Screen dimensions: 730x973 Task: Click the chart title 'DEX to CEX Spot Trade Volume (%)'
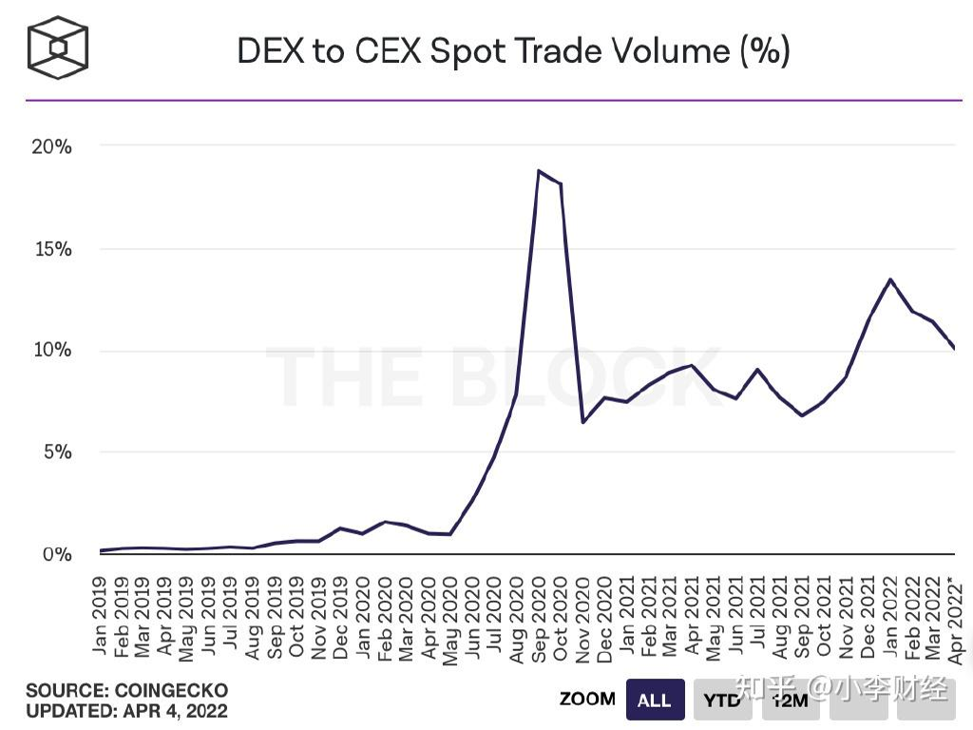tap(513, 50)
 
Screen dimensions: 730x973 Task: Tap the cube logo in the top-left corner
tap(58, 47)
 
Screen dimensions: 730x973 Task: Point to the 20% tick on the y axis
tap(52, 146)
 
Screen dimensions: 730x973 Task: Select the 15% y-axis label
tap(52, 249)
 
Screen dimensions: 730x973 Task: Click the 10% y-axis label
tap(52, 350)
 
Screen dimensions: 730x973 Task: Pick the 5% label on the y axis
tap(56, 451)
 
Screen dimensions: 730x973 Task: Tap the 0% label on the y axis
tap(56, 553)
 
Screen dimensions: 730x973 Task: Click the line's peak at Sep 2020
tap(539, 171)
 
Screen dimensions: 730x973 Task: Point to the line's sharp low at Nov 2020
tap(582, 422)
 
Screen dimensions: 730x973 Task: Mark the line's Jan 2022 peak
tap(890, 279)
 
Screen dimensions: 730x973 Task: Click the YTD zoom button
tap(722, 701)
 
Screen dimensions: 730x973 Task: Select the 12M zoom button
tap(790, 701)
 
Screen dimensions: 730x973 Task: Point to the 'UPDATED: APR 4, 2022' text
tap(126, 710)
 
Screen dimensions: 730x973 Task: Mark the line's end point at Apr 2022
tap(954, 348)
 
